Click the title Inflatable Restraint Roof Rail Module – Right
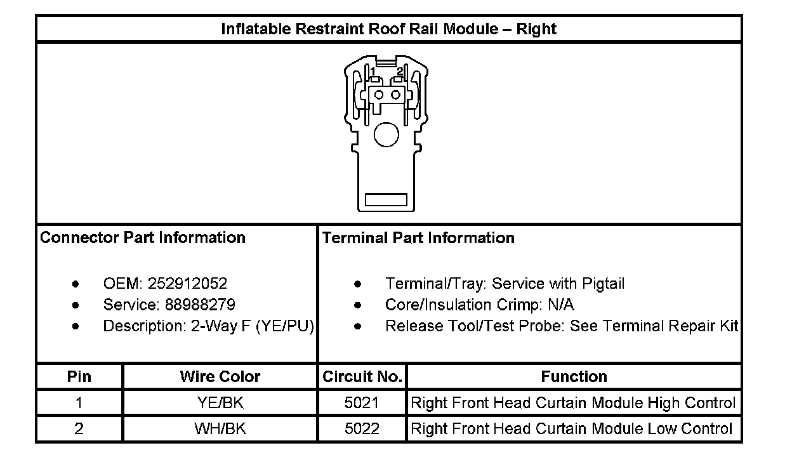click(x=388, y=29)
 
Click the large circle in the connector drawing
click(x=386, y=135)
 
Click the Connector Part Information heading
click(x=143, y=238)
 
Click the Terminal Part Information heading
click(x=418, y=238)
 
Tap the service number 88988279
click(x=200, y=305)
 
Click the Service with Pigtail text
click(x=558, y=284)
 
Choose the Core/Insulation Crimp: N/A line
click(x=479, y=305)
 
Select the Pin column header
click(x=79, y=377)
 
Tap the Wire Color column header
click(x=220, y=377)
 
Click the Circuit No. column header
click(x=362, y=377)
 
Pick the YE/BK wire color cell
click(x=220, y=403)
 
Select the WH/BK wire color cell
click(x=220, y=428)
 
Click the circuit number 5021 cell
click(x=362, y=403)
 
